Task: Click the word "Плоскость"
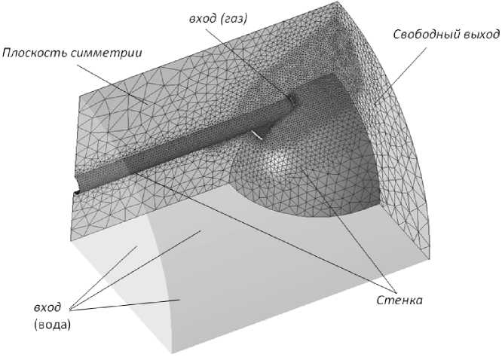click(30, 53)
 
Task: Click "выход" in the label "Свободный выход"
click(480, 35)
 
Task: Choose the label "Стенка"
click(399, 300)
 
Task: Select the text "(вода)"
click(51, 326)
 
